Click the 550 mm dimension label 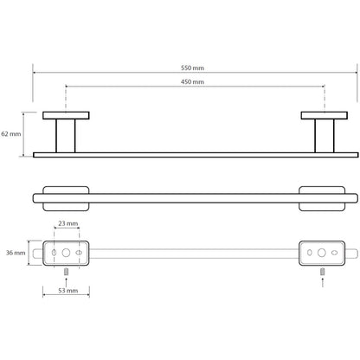coord(192,68)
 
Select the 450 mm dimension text coord(192,82)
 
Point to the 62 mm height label coord(11,134)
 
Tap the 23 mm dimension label coord(68,223)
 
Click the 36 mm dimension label coord(16,253)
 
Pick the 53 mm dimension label coord(68,291)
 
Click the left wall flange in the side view coord(66,115)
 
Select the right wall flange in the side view coord(325,115)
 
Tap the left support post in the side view coord(66,136)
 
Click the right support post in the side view coord(325,136)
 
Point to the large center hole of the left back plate coord(66,253)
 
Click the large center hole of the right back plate coord(322,253)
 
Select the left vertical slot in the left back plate coord(54,253)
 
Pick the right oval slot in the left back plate coord(79,253)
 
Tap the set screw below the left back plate coord(66,272)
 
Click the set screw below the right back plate coord(323,272)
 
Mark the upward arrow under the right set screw coord(323,282)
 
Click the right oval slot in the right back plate coord(334,253)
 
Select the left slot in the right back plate coord(310,253)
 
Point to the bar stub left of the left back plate coord(38,254)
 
